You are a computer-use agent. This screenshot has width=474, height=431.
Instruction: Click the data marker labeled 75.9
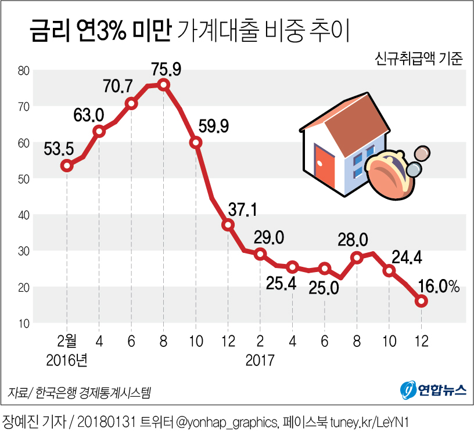(164, 85)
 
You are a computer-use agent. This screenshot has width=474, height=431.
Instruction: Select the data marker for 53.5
(67, 165)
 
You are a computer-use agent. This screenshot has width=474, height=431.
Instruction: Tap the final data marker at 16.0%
(421, 301)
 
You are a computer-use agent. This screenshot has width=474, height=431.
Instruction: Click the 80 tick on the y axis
(23, 71)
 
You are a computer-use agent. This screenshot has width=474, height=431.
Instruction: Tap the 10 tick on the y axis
(23, 323)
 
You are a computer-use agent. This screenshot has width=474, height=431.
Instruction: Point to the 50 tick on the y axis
(23, 179)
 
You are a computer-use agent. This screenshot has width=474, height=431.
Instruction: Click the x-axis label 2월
(67, 341)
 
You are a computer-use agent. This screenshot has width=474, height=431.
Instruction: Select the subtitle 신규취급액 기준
(419, 60)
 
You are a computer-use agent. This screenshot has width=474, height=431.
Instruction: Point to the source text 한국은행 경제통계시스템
(92, 393)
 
